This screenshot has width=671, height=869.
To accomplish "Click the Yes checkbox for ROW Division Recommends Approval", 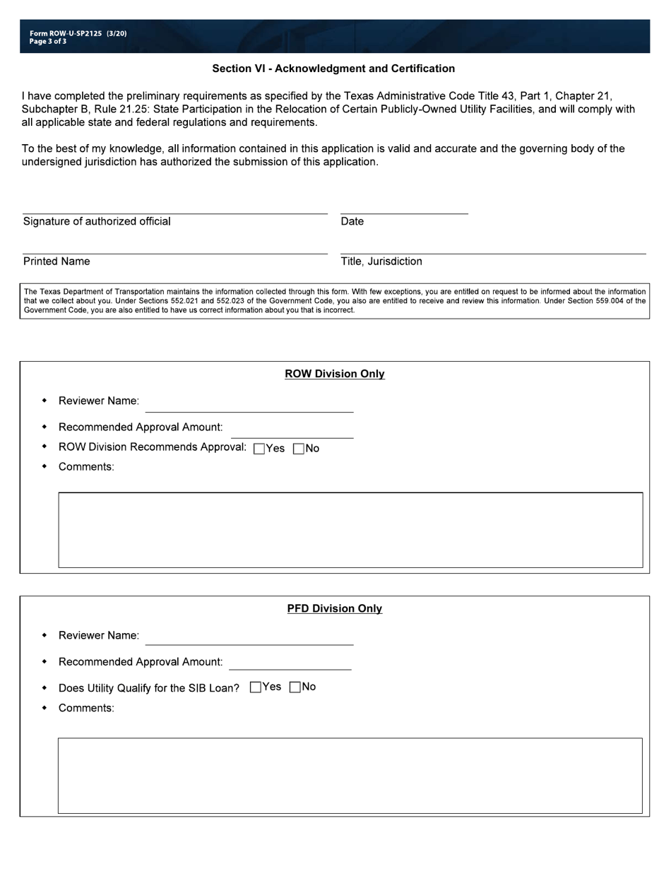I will pyautogui.click(x=259, y=449).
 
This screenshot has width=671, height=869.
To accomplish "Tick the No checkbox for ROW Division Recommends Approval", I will pyautogui.click(x=298, y=449).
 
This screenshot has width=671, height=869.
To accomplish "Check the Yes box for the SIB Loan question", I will pyautogui.click(x=256, y=687).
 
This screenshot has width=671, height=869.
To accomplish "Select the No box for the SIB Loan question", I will pyautogui.click(x=295, y=687).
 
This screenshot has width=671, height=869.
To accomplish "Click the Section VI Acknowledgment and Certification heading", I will pyautogui.click(x=333, y=69).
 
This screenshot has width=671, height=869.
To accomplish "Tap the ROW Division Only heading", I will pyautogui.click(x=335, y=374).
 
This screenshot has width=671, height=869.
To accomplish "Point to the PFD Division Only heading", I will pyautogui.click(x=335, y=608).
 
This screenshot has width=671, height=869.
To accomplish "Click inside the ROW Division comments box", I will pyautogui.click(x=350, y=530).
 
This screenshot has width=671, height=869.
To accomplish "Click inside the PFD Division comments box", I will pyautogui.click(x=350, y=776).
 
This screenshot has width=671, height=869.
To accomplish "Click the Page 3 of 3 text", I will pyautogui.click(x=48, y=42).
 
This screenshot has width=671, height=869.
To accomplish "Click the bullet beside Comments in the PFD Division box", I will pyautogui.click(x=44, y=707).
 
